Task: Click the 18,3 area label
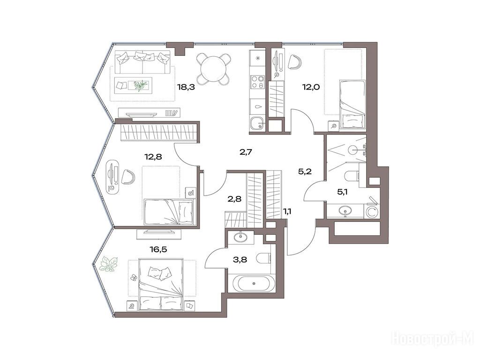(186, 87)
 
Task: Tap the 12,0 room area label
(311, 87)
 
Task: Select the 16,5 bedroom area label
(158, 249)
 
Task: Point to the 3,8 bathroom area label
(240, 260)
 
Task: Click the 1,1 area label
(287, 211)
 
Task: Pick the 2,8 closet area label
(234, 199)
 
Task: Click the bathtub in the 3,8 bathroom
(254, 284)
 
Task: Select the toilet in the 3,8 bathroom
(264, 258)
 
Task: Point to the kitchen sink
(257, 124)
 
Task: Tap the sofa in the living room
(142, 62)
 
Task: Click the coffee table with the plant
(134, 85)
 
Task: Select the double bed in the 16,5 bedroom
(161, 285)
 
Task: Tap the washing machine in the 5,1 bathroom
(372, 212)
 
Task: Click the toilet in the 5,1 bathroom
(352, 176)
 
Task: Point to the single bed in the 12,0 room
(352, 105)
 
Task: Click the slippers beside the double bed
(134, 277)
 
